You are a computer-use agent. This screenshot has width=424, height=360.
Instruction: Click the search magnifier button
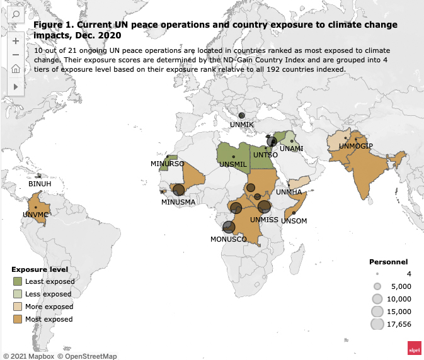15,14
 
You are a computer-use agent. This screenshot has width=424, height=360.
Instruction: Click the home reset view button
15,69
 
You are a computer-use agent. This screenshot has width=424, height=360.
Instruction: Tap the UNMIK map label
241,125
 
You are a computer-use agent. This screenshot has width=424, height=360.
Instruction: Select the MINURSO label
167,164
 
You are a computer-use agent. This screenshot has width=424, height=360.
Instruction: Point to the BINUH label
40,184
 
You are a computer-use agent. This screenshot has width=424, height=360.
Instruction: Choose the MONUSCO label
228,239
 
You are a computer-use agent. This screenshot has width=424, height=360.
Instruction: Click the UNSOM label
294,221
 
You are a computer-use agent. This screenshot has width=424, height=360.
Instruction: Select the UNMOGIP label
356,146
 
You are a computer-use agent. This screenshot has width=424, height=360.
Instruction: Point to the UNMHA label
289,191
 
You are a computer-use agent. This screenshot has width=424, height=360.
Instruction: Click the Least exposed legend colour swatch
18,281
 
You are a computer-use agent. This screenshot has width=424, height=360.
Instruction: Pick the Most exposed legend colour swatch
18,319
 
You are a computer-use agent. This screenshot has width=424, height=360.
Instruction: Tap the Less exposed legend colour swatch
18,294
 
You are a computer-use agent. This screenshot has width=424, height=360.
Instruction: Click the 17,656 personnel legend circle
377,324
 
